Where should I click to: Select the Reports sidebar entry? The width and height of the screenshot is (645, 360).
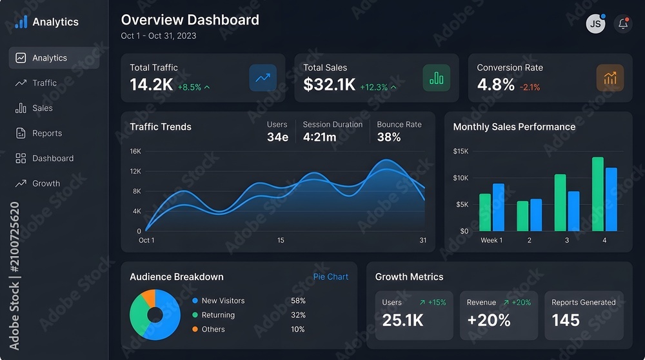click(x=39, y=134)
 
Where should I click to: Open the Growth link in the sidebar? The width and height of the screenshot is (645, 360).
click(x=37, y=183)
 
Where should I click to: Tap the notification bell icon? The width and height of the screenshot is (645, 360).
click(x=623, y=24)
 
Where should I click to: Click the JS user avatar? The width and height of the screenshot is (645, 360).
click(x=595, y=24)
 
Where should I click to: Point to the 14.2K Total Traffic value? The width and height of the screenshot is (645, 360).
click(x=152, y=85)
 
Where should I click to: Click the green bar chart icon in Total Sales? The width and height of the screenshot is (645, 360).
click(x=436, y=78)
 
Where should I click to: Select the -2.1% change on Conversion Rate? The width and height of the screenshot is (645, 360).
click(x=530, y=87)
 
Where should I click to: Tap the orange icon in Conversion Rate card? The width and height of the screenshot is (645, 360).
click(x=610, y=78)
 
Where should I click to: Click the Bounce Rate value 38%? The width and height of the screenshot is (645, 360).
click(x=389, y=137)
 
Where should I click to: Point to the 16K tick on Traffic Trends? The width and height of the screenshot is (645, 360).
click(x=135, y=152)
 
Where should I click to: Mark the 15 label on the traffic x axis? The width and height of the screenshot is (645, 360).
click(x=281, y=240)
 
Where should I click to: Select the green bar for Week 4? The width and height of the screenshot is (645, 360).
click(x=598, y=194)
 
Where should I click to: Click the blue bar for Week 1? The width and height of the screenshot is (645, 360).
click(x=499, y=207)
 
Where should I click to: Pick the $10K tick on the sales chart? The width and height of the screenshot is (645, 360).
click(x=461, y=177)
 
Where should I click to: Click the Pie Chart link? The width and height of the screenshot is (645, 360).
click(x=331, y=277)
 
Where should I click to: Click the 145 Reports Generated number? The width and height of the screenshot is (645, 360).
click(x=566, y=320)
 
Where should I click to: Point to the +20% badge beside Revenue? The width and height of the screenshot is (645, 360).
click(x=517, y=303)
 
